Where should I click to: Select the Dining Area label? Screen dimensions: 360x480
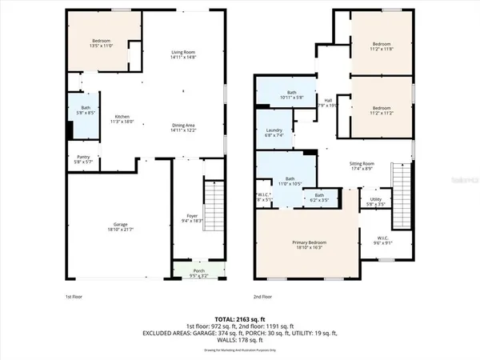(183, 126)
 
